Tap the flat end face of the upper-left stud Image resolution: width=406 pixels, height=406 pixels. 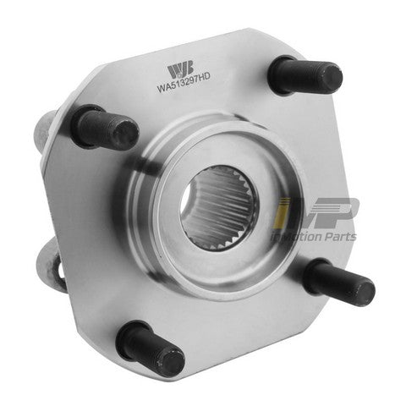pyautogui.click(x=126, y=134)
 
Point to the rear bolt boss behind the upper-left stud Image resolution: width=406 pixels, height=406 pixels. pyautogui.click(x=46, y=127)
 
